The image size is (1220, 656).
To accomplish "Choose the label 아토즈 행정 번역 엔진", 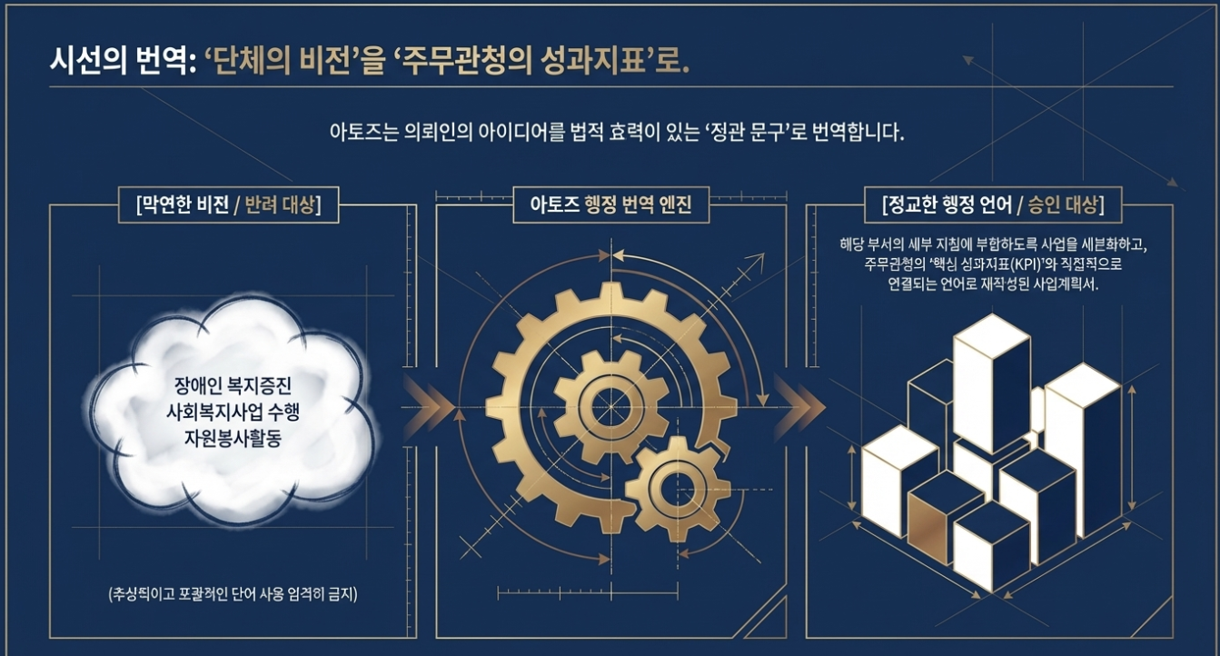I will coord(610,204).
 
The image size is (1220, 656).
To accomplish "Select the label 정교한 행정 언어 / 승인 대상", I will coord(992,204).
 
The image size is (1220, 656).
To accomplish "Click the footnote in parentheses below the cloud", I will coord(233,596).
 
